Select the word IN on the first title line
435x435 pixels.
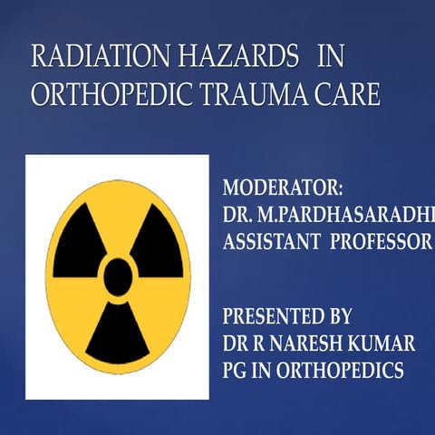(332, 57)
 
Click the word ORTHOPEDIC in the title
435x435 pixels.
(108, 95)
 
